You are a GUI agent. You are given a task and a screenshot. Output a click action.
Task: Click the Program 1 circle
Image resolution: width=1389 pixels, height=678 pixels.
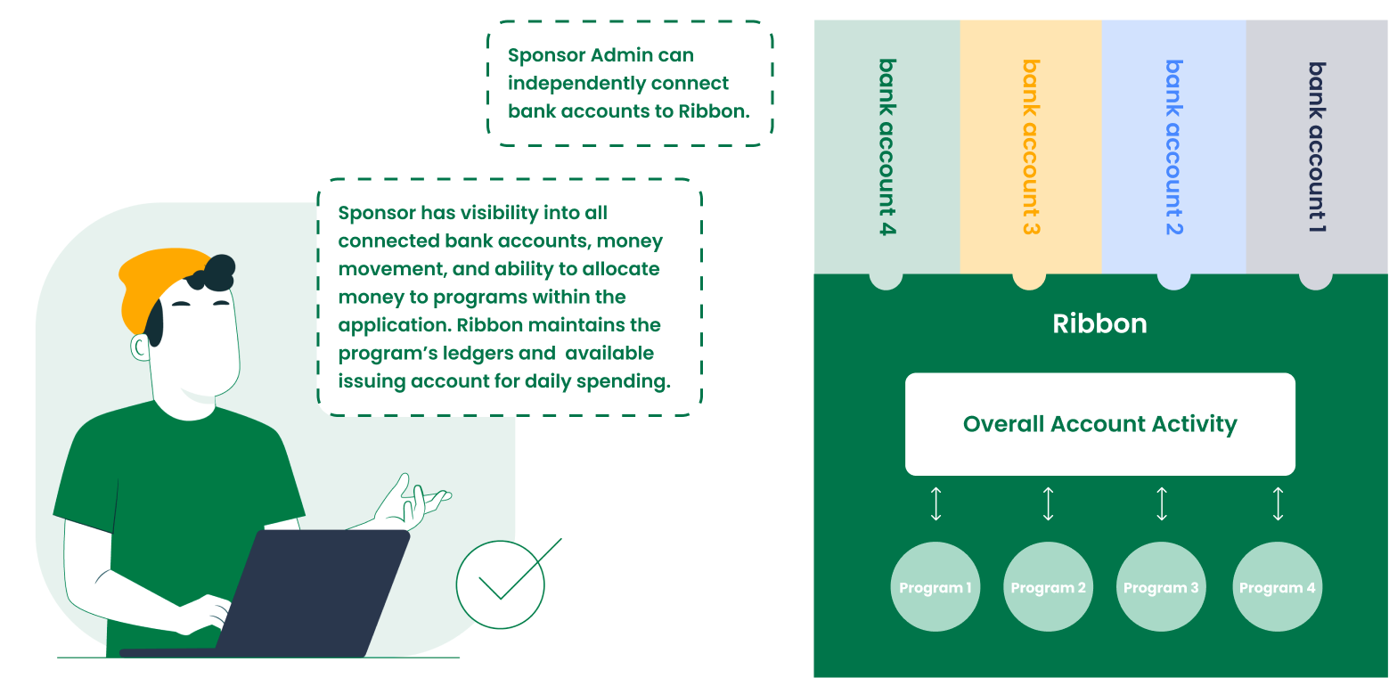coord(935,587)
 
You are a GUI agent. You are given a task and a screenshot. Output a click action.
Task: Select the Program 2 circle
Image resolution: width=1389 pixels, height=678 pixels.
coord(1048,587)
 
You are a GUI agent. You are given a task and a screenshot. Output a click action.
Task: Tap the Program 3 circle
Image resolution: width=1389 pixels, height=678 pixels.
coord(1160,587)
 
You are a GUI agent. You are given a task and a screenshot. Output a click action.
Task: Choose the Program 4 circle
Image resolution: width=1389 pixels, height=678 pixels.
coord(1277,587)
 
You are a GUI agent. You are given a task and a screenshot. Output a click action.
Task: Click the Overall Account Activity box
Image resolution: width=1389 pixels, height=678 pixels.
coord(1099,424)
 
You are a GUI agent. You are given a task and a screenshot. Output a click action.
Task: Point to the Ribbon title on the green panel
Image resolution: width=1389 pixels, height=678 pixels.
coord(1099,323)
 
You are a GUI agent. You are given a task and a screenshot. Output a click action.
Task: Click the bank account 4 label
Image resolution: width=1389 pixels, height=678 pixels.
coord(887,147)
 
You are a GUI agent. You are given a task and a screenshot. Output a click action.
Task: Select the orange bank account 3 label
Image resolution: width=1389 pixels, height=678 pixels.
coord(1031,147)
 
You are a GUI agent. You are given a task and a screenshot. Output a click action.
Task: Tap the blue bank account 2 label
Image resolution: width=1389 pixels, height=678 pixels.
coord(1174,147)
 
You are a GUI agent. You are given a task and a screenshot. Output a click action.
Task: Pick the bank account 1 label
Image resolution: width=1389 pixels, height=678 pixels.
coord(1317,147)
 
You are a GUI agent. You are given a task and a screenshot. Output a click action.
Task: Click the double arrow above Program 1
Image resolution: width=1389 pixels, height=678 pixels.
coord(936,503)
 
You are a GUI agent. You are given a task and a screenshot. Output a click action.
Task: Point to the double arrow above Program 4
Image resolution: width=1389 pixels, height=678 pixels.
coord(1278,503)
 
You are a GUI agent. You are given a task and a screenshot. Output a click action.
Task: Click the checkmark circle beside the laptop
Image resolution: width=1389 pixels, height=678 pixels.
coord(501,584)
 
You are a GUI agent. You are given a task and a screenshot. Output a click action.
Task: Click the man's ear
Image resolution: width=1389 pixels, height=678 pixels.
coord(140,347)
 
